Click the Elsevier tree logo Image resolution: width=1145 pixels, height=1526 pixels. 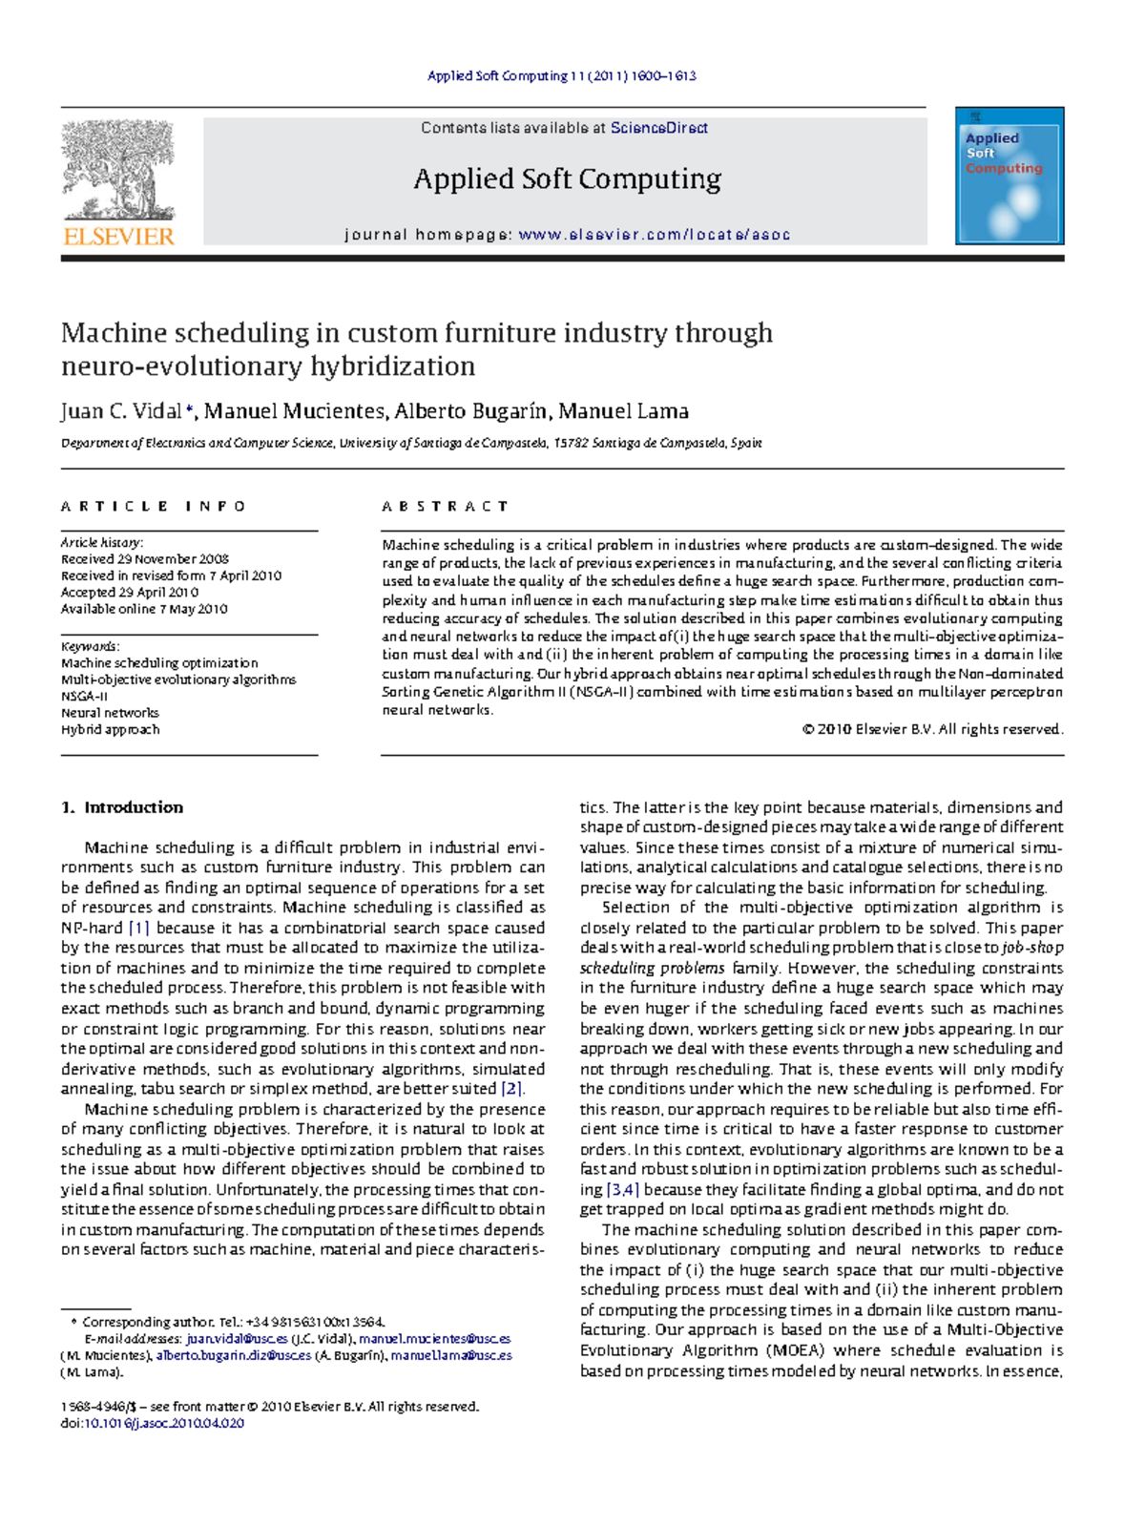[x=118, y=170]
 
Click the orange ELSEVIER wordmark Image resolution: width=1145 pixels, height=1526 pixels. [x=118, y=236]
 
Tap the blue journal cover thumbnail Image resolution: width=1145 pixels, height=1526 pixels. [x=1010, y=177]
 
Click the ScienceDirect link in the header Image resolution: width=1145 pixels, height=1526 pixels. [x=658, y=128]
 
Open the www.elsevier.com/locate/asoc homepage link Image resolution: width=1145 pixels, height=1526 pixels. [x=654, y=235]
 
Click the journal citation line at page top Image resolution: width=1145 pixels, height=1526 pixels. [x=561, y=75]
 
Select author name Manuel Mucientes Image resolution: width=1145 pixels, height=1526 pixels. [x=295, y=411]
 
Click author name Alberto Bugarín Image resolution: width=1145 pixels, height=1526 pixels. [x=472, y=411]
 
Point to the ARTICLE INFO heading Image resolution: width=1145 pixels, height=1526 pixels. [x=153, y=506]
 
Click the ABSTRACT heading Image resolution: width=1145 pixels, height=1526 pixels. [x=445, y=506]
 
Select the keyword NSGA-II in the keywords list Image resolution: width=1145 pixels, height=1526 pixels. [x=84, y=696]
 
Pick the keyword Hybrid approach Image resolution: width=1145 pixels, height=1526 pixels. [x=110, y=729]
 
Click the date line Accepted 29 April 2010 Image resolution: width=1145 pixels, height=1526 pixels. [x=130, y=592]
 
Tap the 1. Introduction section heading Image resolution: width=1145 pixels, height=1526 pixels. [x=122, y=807]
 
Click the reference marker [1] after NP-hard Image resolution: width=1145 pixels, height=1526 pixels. [x=139, y=928]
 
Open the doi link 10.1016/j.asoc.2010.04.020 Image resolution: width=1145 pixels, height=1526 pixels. [x=164, y=1423]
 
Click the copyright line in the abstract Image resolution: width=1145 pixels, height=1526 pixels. [x=932, y=729]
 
